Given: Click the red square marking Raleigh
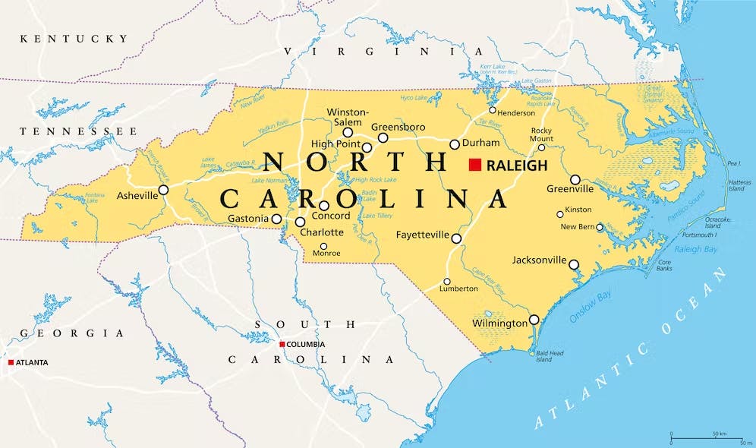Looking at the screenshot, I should click(x=476, y=165).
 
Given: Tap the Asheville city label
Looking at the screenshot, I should click(x=137, y=195).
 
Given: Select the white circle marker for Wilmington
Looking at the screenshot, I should click(x=534, y=320).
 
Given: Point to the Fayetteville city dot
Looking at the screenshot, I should click(x=456, y=238).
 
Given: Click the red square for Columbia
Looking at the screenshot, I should click(x=282, y=344).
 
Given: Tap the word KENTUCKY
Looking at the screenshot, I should click(x=74, y=38).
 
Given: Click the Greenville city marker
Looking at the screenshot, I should click(x=575, y=180).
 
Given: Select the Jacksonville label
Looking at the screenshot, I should click(x=539, y=260).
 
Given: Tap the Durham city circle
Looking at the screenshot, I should click(x=455, y=144).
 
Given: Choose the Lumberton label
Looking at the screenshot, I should click(x=459, y=289).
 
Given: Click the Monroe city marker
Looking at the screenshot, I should click(x=323, y=246).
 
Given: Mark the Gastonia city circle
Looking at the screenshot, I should click(x=276, y=219).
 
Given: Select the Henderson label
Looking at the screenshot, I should click(x=516, y=113).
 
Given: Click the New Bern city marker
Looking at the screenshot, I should click(x=600, y=227).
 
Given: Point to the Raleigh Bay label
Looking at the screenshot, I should click(x=696, y=248).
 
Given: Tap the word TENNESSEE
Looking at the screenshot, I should click(x=68, y=131).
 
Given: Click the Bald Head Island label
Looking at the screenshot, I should click(x=544, y=356).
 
